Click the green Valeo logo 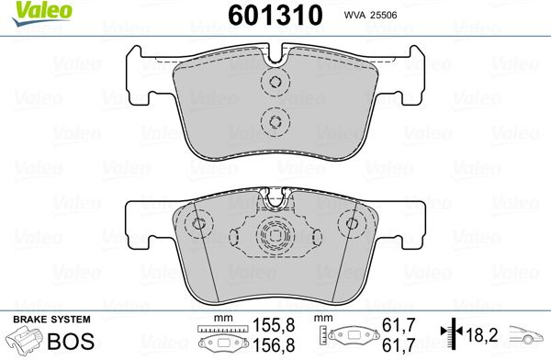point(42,13)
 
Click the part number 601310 point(275,16)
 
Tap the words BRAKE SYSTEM point(51,320)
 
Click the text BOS point(71,341)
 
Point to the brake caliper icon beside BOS point(26,340)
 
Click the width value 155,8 point(274,325)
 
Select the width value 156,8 point(274,345)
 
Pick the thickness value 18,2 point(482,335)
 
